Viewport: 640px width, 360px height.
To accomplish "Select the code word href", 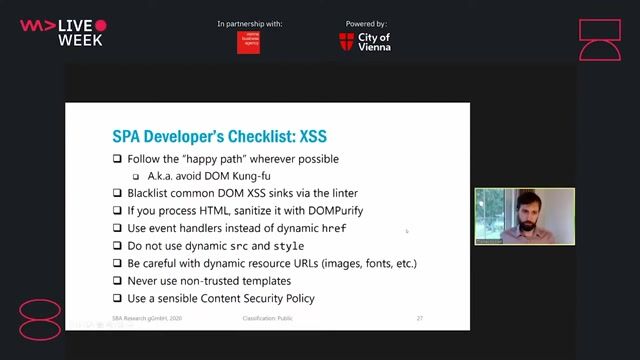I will point(333,228).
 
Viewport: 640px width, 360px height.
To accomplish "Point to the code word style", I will point(289,245).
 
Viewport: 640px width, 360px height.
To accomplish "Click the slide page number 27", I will point(420,318).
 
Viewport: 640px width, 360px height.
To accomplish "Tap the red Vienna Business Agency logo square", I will point(248,42).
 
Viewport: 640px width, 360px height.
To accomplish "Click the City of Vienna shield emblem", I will point(346,41).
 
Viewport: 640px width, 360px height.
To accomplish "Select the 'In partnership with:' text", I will point(248,23).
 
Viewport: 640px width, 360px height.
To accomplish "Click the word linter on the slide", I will point(340,193).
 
